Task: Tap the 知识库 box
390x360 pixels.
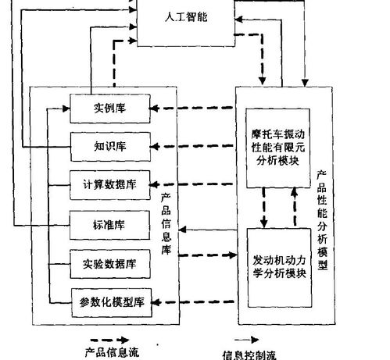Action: coord(109,146)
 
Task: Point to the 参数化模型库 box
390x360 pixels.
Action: coord(109,301)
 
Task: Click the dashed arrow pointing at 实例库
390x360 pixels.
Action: coord(195,108)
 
